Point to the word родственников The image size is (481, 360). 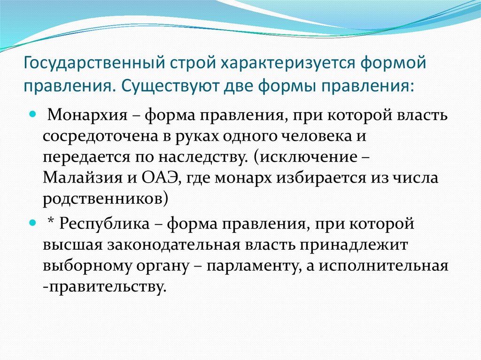point(103,199)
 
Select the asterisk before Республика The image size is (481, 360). point(52,222)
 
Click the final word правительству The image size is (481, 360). point(106,287)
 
